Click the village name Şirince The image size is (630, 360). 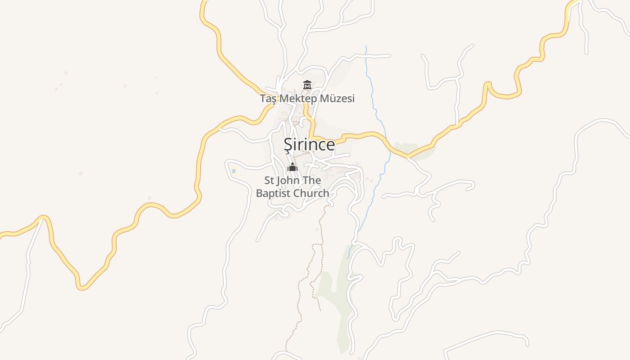pyautogui.click(x=309, y=144)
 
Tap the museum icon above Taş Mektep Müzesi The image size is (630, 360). pyautogui.click(x=307, y=85)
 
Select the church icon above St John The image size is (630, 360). pyautogui.click(x=292, y=167)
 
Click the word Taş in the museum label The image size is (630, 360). pyautogui.click(x=268, y=99)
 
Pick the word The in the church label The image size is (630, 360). pyautogui.click(x=312, y=180)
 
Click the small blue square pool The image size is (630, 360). pyautogui.click(x=234, y=171)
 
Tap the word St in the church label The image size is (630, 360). pyautogui.click(x=269, y=180)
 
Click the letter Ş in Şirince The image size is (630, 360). pyautogui.click(x=288, y=145)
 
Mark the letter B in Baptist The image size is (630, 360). pyautogui.click(x=259, y=193)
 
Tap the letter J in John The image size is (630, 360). pyautogui.click(x=279, y=180)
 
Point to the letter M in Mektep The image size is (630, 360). pyautogui.click(x=283, y=99)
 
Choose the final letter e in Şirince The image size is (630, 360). pyautogui.click(x=331, y=145)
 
